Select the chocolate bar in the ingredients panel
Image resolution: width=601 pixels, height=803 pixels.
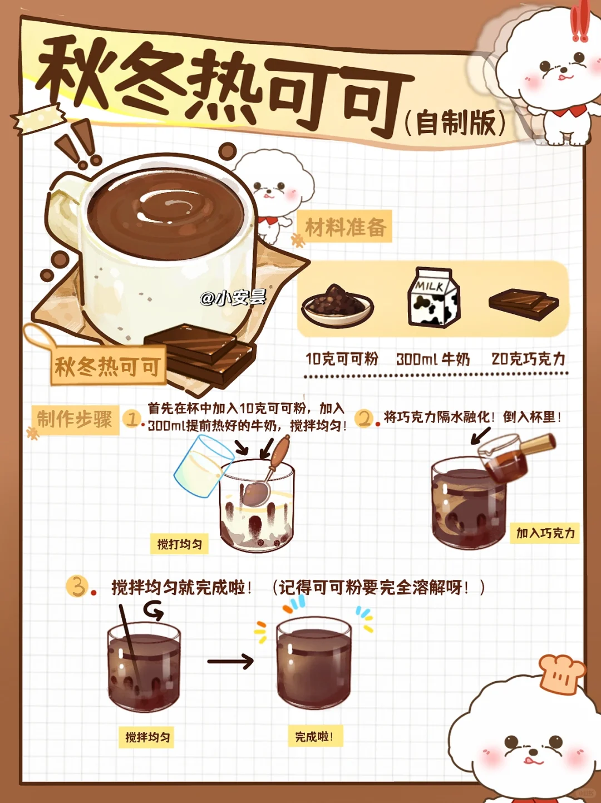(x=523, y=304)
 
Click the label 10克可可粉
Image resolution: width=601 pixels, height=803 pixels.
(x=342, y=359)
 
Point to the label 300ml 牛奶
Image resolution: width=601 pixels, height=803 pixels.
(x=433, y=359)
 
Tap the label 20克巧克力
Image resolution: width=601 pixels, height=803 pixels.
(x=528, y=359)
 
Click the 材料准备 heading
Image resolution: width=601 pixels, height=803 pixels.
(x=345, y=227)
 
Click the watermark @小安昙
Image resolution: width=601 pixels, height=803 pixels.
(x=233, y=298)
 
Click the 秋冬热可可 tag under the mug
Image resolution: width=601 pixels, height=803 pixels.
(x=108, y=366)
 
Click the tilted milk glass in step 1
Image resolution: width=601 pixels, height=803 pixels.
(x=199, y=466)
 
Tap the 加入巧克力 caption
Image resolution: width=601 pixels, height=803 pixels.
(x=545, y=533)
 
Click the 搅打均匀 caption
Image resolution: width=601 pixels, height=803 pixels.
(x=179, y=544)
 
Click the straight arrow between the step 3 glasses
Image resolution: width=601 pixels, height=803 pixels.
(x=230, y=661)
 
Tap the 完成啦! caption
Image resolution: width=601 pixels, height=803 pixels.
(x=314, y=736)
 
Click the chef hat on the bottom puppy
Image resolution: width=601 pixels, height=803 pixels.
(x=561, y=673)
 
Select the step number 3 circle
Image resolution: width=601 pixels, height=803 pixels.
(x=77, y=587)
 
